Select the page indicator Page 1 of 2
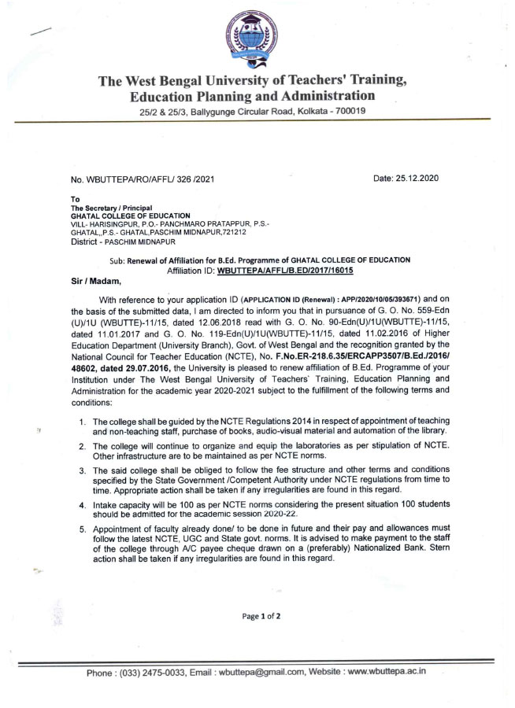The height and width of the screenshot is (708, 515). pyautogui.click(x=257, y=616)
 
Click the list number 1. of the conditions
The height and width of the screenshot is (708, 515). pyautogui.click(x=83, y=422)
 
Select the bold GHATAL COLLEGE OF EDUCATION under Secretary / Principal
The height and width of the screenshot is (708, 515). pyautogui.click(x=130, y=216)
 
